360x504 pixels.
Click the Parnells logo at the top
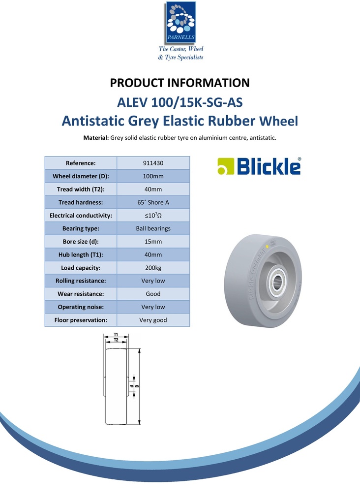[x=180, y=22]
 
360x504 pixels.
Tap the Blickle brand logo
[x=259, y=166]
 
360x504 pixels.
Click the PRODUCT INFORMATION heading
[x=180, y=83]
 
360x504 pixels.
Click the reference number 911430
[x=153, y=163]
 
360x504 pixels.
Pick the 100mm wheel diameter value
[x=153, y=176]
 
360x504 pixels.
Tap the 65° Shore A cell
[x=153, y=202]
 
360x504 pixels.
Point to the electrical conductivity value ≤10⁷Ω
[x=153, y=216]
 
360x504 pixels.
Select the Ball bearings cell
[x=153, y=228]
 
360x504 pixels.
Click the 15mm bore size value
[x=153, y=242]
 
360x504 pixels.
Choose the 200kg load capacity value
[x=153, y=268]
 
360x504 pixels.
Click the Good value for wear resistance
[x=153, y=294]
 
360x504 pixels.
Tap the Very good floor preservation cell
[x=153, y=320]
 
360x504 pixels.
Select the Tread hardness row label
[x=81, y=202]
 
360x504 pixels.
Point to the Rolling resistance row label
[x=81, y=281]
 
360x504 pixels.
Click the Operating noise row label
[x=81, y=307]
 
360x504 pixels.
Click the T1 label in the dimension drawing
[x=116, y=335]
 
